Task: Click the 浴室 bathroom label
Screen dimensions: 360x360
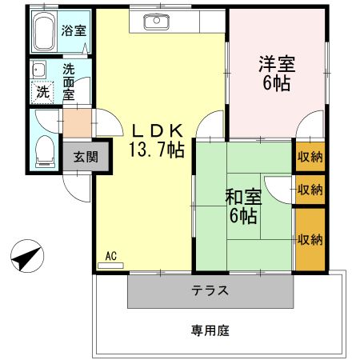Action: pos(75,31)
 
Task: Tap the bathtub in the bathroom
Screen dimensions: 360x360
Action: pos(46,31)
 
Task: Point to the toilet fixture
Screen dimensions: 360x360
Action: pos(46,150)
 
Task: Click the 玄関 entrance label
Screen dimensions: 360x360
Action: pos(86,157)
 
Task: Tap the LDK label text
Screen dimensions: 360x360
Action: pos(157,130)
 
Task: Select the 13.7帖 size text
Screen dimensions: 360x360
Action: pos(157,149)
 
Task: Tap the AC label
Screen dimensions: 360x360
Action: pos(111,256)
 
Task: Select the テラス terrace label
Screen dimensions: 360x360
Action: pos(211,290)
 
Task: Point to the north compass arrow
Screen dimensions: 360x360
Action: pos(26,258)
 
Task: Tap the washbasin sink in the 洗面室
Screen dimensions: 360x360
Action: pos(38,70)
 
